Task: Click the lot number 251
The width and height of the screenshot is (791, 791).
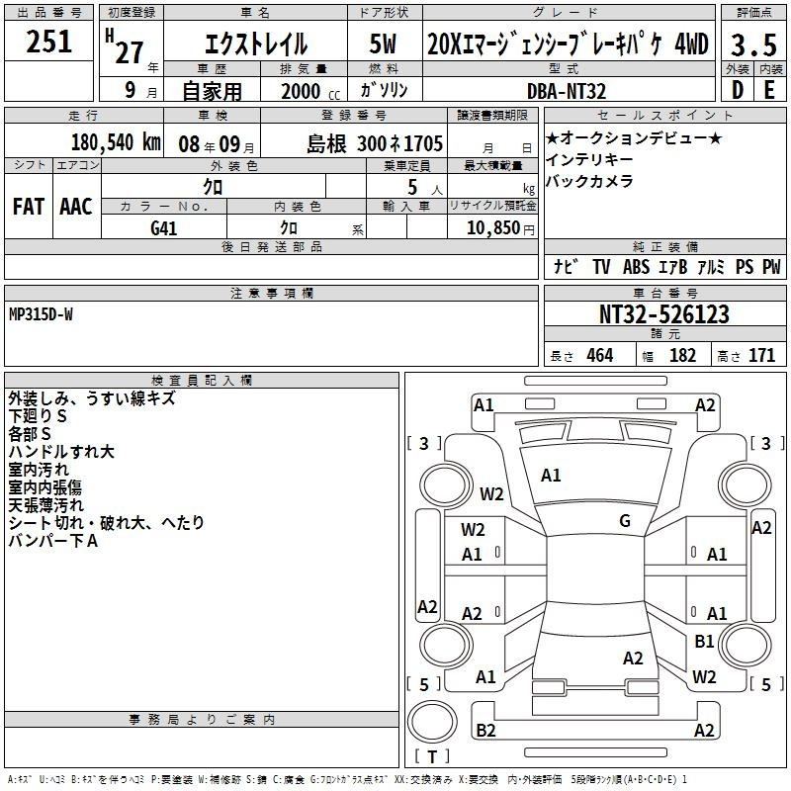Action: [x=49, y=42]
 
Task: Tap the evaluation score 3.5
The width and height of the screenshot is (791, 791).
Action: [x=751, y=44]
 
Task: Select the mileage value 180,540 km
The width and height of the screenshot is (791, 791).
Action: [x=116, y=143]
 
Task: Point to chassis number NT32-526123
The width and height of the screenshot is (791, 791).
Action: [x=664, y=314]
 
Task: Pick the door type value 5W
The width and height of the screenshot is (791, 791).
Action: [x=384, y=44]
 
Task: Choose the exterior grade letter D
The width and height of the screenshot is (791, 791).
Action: [x=737, y=90]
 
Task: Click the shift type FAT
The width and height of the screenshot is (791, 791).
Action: [x=28, y=207]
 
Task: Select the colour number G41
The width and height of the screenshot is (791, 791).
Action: [x=163, y=228]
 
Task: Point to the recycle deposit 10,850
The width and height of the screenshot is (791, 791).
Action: [x=491, y=228]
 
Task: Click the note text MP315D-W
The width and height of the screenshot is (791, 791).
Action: [x=41, y=314]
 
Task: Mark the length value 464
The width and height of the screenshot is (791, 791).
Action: [x=599, y=356]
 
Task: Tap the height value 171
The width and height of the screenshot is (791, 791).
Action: [x=761, y=356]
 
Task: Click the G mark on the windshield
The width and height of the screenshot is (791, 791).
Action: [x=625, y=520]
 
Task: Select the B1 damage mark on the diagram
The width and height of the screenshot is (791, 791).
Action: [x=704, y=641]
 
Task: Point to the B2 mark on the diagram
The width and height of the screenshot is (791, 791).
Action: [x=485, y=730]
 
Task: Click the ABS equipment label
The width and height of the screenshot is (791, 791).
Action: [x=636, y=267]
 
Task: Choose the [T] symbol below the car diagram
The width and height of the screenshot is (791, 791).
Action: [x=432, y=757]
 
